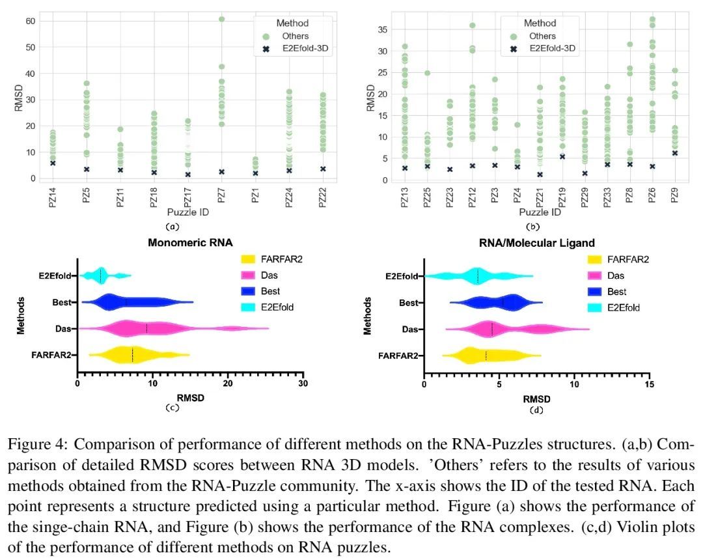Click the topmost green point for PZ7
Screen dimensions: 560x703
click(222, 19)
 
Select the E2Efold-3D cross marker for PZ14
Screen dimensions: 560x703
click(53, 163)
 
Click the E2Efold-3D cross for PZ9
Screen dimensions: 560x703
click(675, 153)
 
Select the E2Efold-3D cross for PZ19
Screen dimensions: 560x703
click(562, 156)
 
